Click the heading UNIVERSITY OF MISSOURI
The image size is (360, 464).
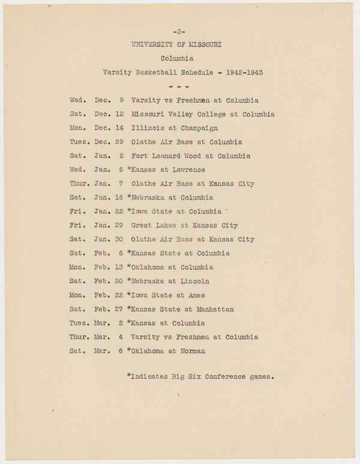coord(179,44)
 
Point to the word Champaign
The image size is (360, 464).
coord(195,128)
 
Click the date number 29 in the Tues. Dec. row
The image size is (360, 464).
coord(120,142)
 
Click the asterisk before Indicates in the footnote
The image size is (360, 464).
coord(129,376)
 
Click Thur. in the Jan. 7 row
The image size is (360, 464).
coord(79,184)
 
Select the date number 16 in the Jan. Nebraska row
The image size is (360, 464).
coord(120,197)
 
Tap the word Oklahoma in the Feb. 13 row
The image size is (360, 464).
coord(149,267)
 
